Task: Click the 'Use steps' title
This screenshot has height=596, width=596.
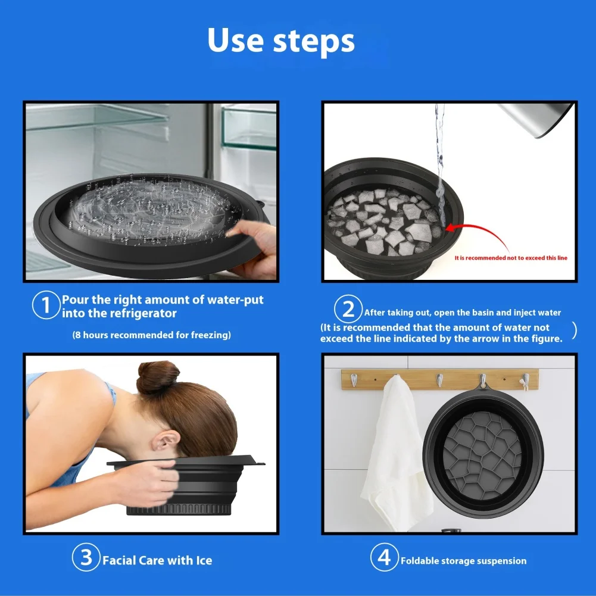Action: pyautogui.click(x=281, y=41)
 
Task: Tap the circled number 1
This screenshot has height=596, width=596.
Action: pyautogui.click(x=46, y=305)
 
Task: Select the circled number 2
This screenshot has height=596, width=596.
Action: pyautogui.click(x=348, y=308)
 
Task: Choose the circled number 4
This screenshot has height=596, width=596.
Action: pyautogui.click(x=385, y=557)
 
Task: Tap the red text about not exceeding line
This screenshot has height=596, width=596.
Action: pyautogui.click(x=511, y=258)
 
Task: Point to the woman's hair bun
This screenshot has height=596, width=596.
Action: pyautogui.click(x=157, y=377)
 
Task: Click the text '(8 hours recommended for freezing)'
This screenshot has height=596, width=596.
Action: pyautogui.click(x=152, y=335)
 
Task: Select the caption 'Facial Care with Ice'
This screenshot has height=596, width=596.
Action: pyautogui.click(x=157, y=561)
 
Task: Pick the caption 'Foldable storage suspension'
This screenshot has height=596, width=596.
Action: pyautogui.click(x=464, y=561)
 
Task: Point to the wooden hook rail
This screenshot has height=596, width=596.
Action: pyautogui.click(x=440, y=379)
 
